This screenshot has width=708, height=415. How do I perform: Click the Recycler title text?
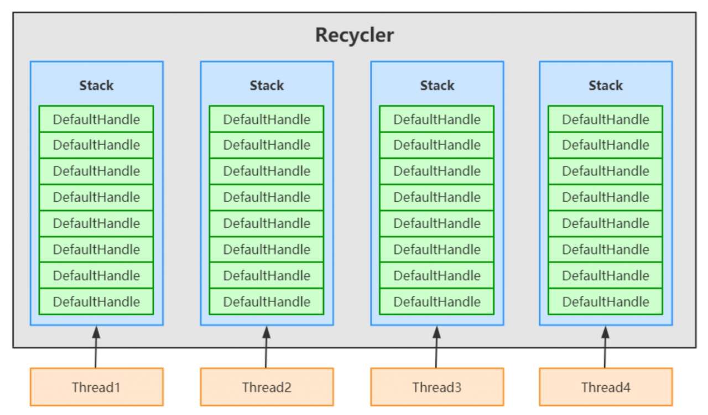click(x=355, y=35)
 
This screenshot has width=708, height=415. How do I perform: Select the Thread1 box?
click(x=97, y=387)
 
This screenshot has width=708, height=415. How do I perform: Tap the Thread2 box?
click(x=267, y=387)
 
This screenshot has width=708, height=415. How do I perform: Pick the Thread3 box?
click(x=437, y=387)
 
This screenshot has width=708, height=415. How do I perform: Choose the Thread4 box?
click(x=606, y=387)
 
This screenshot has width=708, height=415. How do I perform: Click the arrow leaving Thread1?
click(x=96, y=347)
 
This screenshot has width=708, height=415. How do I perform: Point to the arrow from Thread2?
click(x=266, y=347)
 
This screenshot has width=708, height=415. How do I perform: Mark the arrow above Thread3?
click(x=436, y=347)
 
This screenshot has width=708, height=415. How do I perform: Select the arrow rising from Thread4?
click(x=605, y=347)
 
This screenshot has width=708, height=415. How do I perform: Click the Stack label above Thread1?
click(x=96, y=85)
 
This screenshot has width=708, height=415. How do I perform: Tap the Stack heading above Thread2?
click(x=267, y=85)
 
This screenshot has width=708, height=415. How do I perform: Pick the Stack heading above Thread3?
click(x=437, y=85)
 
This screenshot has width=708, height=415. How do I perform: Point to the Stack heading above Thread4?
click(x=606, y=85)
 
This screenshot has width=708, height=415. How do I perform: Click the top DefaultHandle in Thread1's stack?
click(x=96, y=119)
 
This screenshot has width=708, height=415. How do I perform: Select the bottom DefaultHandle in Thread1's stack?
click(x=96, y=301)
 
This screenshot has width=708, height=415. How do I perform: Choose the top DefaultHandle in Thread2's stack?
click(x=267, y=119)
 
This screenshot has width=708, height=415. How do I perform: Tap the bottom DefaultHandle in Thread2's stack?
click(x=267, y=301)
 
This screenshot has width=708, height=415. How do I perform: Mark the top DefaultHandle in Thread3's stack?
click(x=437, y=119)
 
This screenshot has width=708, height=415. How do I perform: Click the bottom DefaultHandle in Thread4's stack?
click(x=606, y=301)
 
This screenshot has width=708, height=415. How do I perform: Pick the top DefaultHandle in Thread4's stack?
click(x=606, y=119)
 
